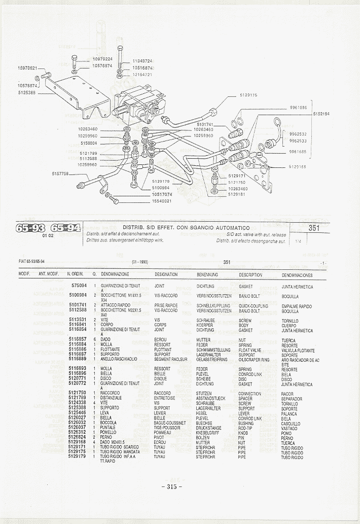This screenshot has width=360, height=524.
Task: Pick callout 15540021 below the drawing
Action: (162, 201)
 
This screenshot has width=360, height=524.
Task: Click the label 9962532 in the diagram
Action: (299, 134)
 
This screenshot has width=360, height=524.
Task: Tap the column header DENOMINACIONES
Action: (297, 275)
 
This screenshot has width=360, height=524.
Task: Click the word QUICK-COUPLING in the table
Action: (254, 306)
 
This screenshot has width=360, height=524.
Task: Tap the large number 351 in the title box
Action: (314, 228)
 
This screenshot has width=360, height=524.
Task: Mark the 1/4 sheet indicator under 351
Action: (297, 241)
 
